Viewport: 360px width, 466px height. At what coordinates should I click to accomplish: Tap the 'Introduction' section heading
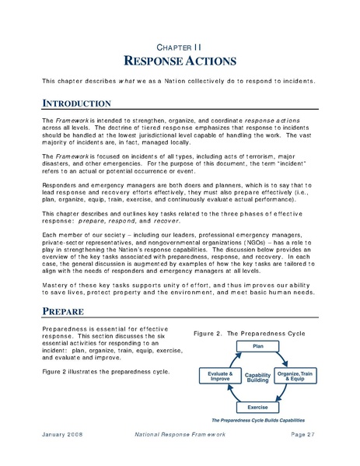point(76,103)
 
